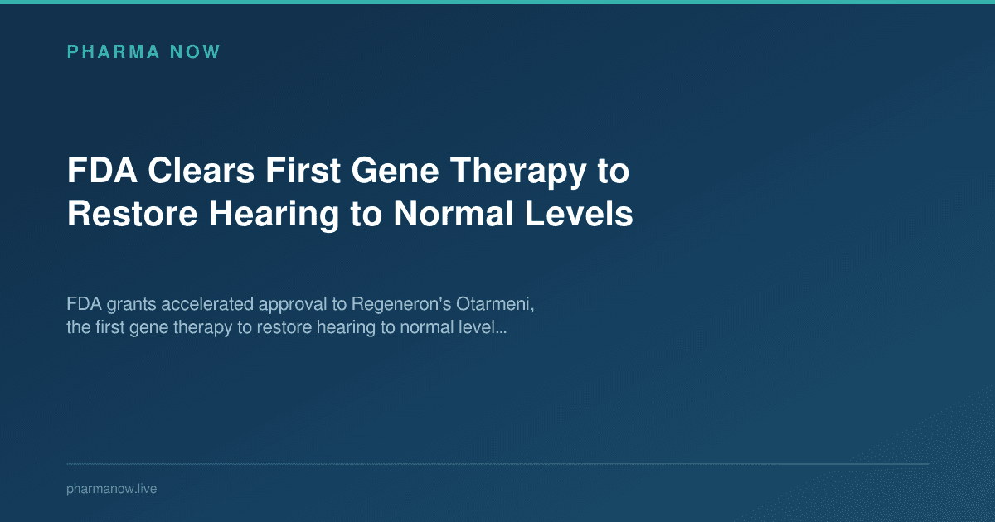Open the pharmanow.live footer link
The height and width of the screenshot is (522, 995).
(x=111, y=490)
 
